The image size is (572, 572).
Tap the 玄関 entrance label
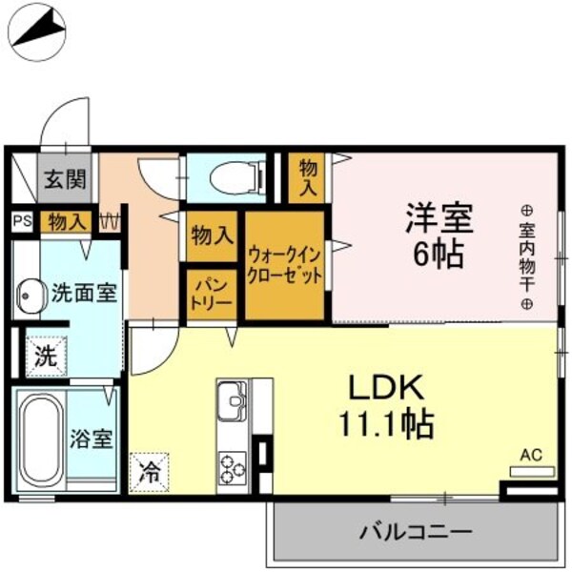pos(64,177)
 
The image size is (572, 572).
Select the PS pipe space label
pos(21,221)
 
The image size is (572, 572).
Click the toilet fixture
pos(228,176)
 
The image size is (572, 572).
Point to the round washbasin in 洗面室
pos(31,296)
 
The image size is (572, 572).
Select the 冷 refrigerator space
pos(150,470)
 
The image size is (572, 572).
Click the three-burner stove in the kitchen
pos(234,467)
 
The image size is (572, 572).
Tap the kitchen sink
pos(233,406)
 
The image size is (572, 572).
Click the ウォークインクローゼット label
pos(285,265)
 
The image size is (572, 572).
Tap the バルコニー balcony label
pos(415,531)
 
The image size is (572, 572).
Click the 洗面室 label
pos(84,293)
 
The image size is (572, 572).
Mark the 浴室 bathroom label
pos(92,439)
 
